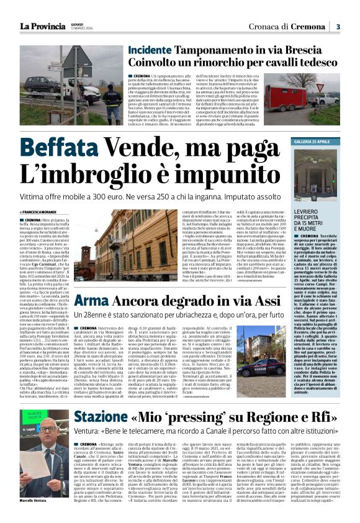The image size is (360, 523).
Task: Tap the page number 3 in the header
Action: coord(338,26)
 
